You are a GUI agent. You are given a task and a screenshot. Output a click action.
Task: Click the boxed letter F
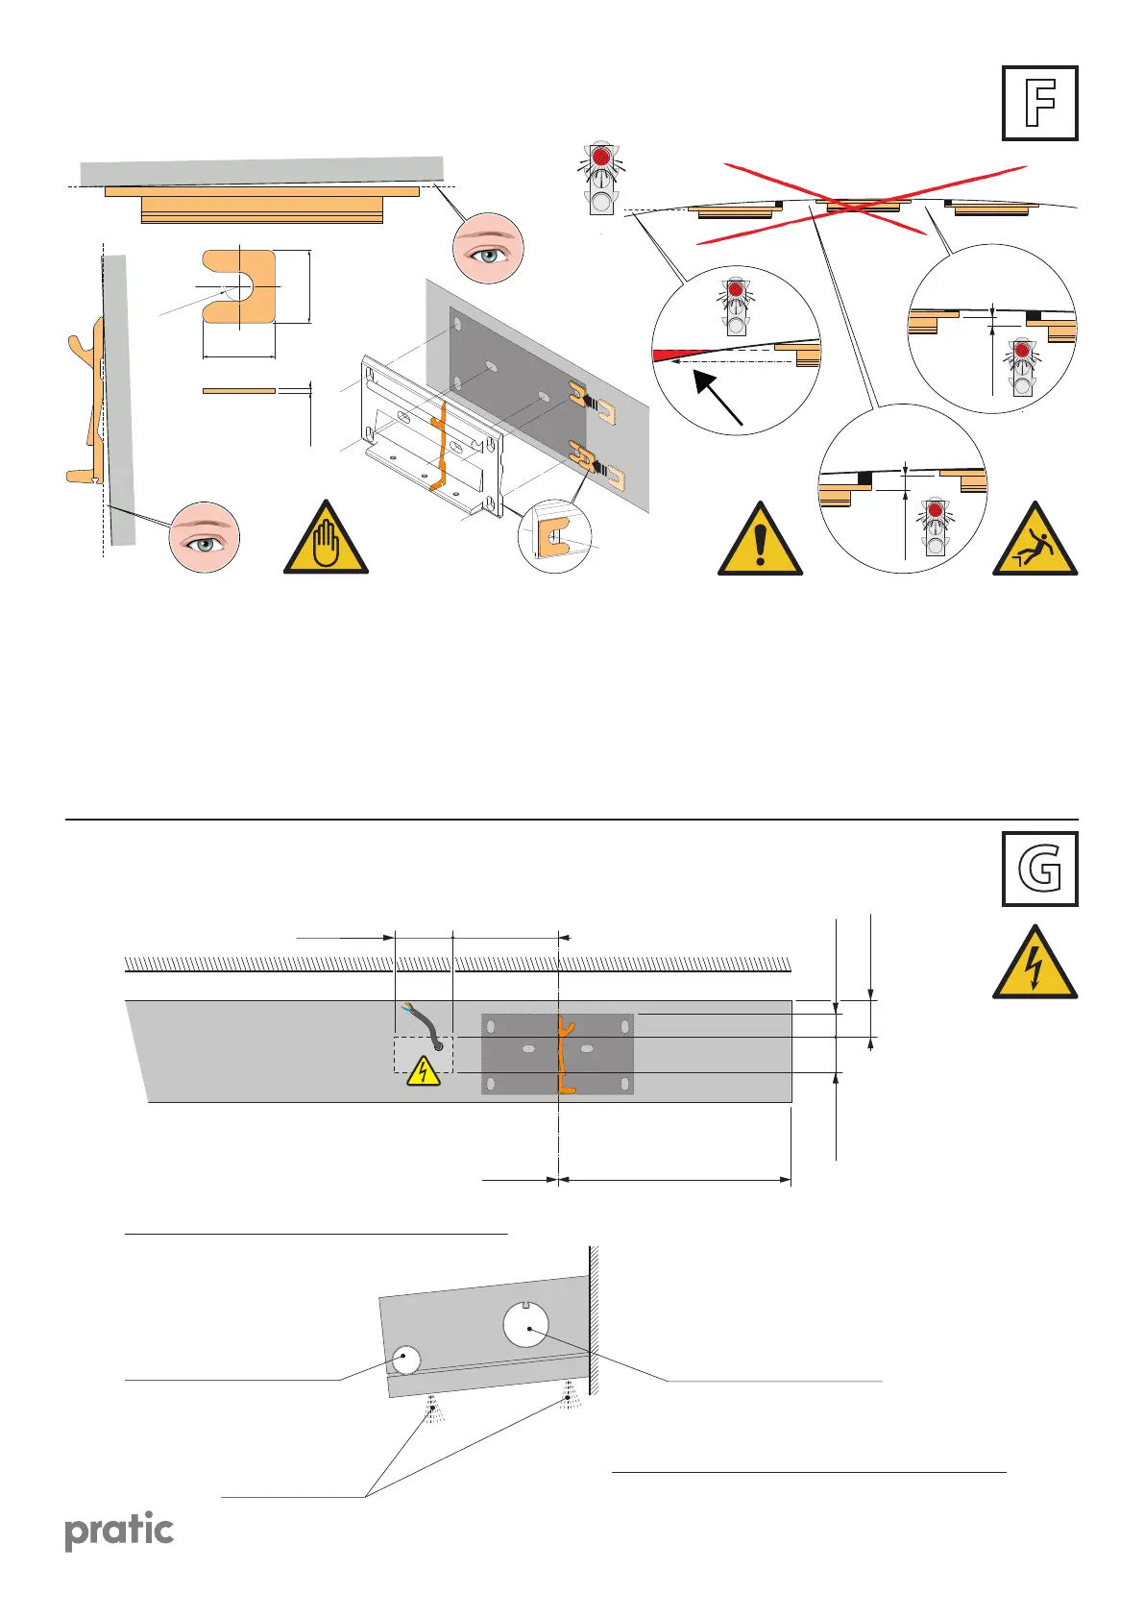(1039, 104)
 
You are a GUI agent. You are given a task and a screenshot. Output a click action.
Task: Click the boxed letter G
(1039, 870)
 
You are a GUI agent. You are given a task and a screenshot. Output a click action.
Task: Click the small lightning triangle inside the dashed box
(423, 1071)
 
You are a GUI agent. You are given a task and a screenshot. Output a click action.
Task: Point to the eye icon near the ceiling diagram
(487, 248)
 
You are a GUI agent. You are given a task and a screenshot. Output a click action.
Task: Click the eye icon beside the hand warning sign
(204, 536)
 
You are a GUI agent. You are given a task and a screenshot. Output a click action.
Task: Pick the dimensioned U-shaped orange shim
(237, 286)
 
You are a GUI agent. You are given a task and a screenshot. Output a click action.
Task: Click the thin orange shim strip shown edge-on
(239, 391)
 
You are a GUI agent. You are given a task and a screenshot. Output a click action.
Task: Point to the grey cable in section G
(426, 1028)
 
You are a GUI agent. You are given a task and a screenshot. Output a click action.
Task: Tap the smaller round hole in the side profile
(405, 1360)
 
